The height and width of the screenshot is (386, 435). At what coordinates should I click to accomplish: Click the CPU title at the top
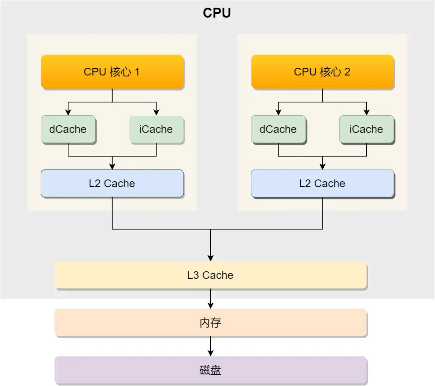(217, 13)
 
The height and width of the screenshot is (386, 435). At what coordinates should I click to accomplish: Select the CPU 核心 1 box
(112, 72)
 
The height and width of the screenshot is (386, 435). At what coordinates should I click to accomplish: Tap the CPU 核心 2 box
(322, 72)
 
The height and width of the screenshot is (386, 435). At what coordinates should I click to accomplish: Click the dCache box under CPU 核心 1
(68, 129)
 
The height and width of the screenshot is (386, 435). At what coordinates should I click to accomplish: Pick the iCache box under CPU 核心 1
(156, 129)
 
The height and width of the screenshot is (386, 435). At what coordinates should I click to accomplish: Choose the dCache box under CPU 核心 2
(278, 129)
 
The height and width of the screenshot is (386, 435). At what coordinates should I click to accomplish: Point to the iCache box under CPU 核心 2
(366, 129)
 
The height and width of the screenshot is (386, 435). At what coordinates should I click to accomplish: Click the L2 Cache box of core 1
(112, 184)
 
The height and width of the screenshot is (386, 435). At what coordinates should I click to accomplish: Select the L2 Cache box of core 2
(322, 184)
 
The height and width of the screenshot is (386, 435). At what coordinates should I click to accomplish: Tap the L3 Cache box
(210, 275)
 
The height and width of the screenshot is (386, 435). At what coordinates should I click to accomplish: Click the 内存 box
(210, 323)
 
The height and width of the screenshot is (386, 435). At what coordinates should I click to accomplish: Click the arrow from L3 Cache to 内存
(210, 299)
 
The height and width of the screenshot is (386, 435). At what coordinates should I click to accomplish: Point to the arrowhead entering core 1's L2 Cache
(112, 166)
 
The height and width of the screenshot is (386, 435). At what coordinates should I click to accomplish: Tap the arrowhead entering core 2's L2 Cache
(322, 166)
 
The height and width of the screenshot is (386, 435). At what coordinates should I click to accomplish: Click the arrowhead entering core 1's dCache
(68, 113)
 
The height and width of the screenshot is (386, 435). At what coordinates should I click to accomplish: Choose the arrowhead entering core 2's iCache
(366, 113)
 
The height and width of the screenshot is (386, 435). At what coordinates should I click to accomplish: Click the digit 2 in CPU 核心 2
(347, 72)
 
